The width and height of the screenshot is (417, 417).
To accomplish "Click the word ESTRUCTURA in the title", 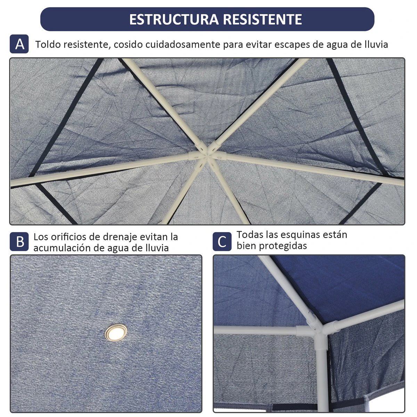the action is (x=174, y=19).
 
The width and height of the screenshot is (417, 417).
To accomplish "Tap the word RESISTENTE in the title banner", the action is (x=262, y=19).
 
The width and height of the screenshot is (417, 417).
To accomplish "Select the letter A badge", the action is (x=19, y=44).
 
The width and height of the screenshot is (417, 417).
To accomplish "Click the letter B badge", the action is (x=19, y=242).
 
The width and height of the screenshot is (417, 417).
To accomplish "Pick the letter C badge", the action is (x=222, y=242).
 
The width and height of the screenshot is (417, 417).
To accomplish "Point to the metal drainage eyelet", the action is (x=116, y=333).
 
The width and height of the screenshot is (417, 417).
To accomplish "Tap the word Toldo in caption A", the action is (x=48, y=44).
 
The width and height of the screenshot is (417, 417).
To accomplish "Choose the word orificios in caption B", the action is (x=68, y=237).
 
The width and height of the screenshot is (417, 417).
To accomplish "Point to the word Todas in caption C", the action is (x=250, y=235).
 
